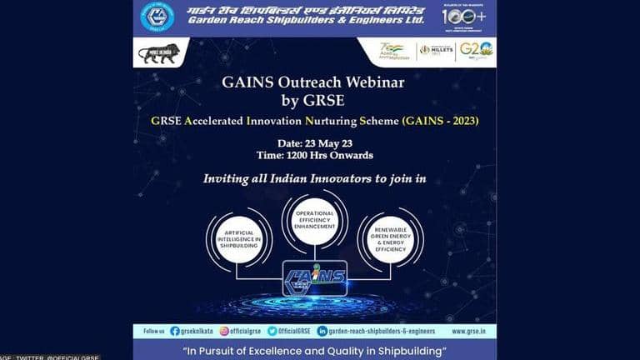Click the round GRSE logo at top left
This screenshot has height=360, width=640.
pyautogui.click(x=157, y=17)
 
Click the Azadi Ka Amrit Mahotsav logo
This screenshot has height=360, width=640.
pyautogui.click(x=392, y=51)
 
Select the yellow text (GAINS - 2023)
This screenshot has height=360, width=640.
pyautogui.click(x=441, y=121)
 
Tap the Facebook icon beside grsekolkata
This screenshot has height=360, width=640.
pyautogui.click(x=174, y=331)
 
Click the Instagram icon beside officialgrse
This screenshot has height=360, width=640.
pyautogui.click(x=224, y=331)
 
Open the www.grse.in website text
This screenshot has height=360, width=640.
pyautogui.click(x=461, y=331)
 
